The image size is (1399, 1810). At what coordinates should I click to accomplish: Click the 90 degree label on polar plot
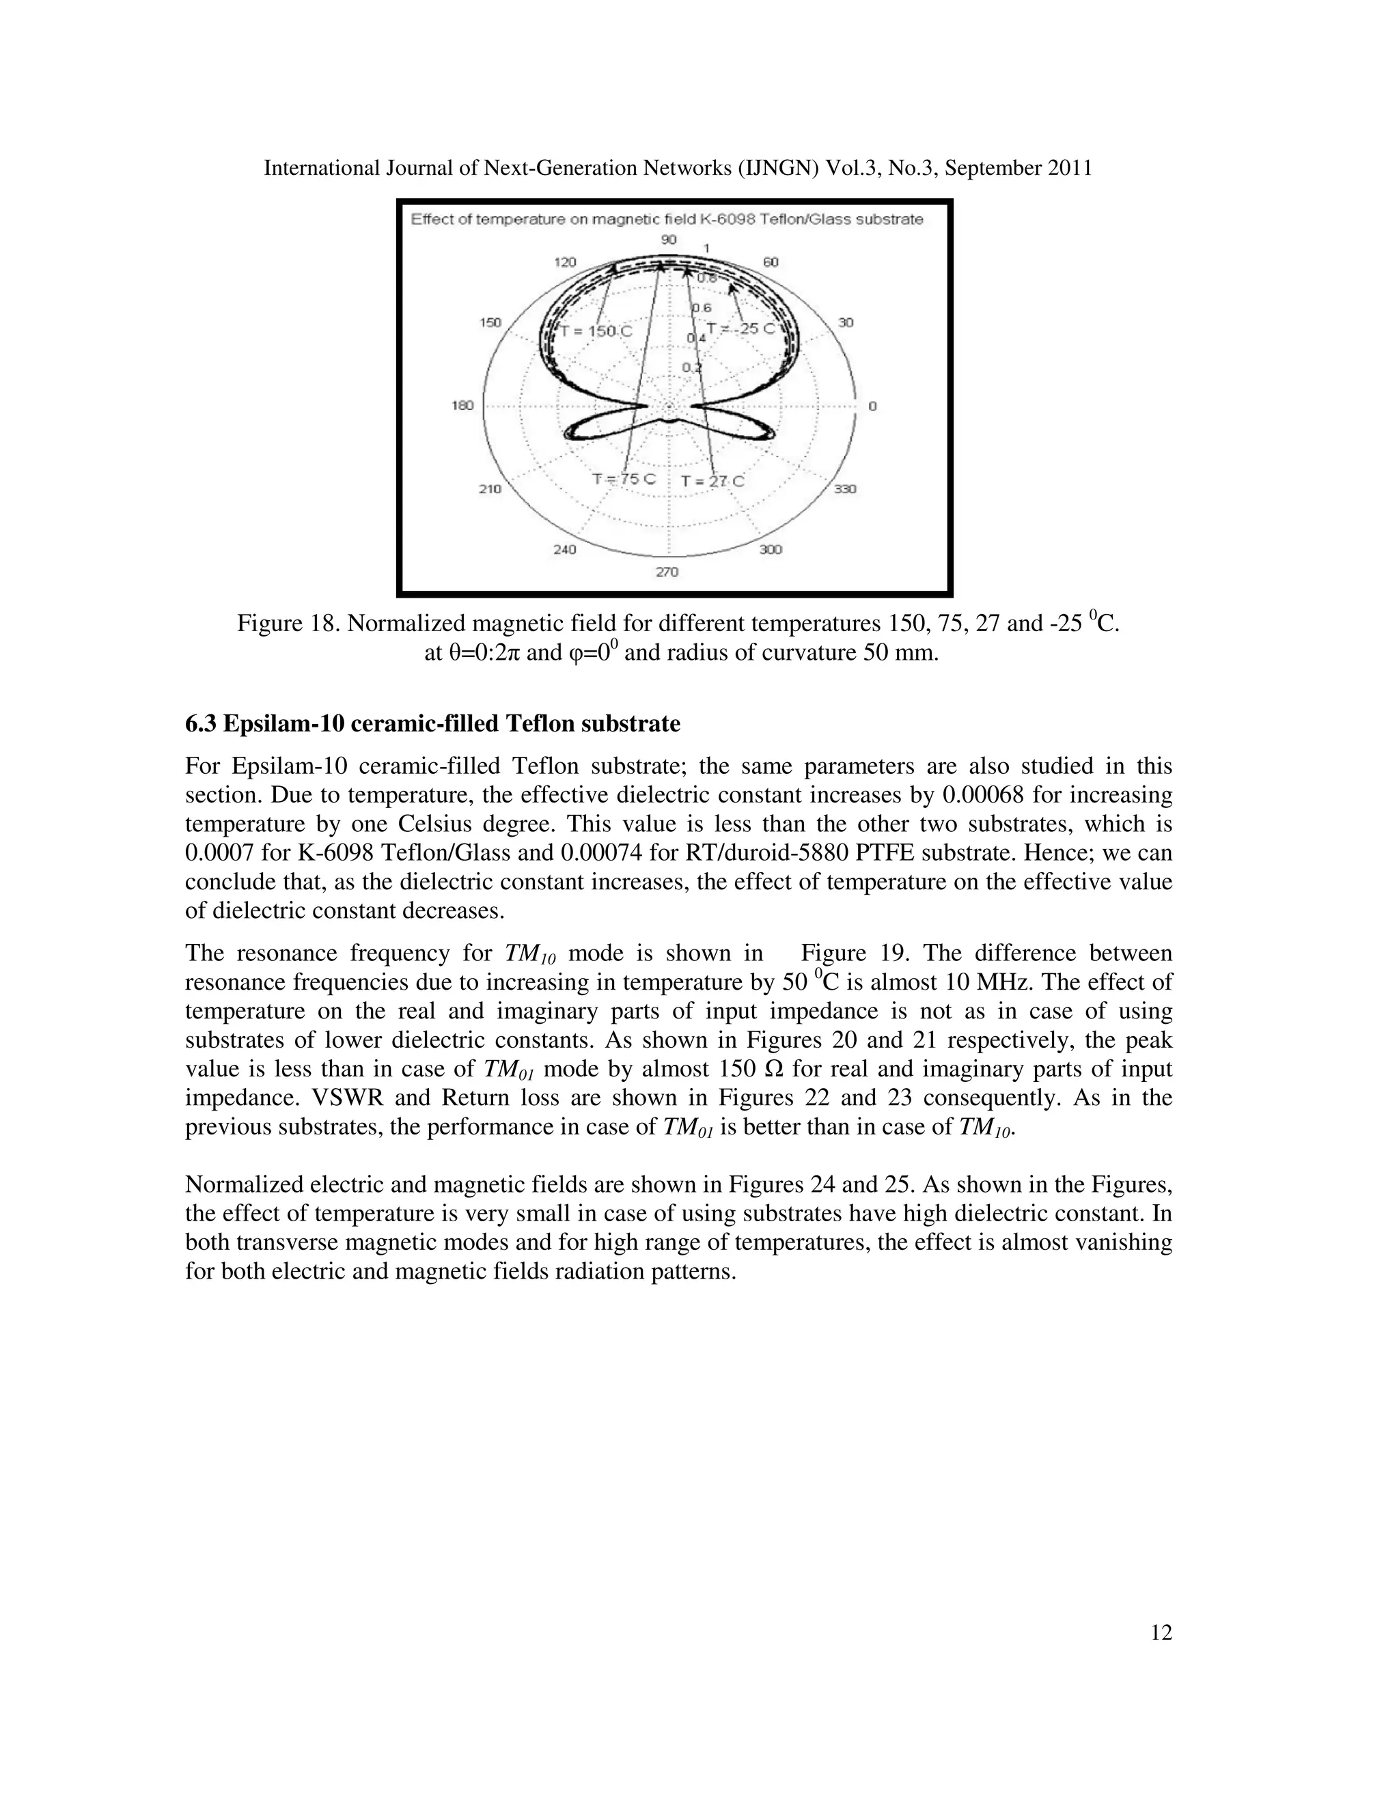[669, 240]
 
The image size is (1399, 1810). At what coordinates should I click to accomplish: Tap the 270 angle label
[667, 572]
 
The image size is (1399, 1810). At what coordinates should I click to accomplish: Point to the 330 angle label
[844, 489]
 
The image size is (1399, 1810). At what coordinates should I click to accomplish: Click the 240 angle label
[564, 549]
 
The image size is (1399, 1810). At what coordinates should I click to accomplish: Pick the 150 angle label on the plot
[490, 322]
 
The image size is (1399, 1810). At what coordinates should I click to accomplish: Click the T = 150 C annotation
[596, 331]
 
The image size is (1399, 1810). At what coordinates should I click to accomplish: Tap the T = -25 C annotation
[740, 328]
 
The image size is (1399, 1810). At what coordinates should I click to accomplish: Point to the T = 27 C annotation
[712, 482]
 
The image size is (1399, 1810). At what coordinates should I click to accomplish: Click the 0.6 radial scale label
[701, 307]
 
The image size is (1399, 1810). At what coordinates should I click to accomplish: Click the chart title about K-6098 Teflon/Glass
[667, 220]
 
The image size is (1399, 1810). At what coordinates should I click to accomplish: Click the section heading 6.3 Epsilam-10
[432, 724]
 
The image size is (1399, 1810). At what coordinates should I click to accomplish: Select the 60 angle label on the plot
[770, 262]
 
